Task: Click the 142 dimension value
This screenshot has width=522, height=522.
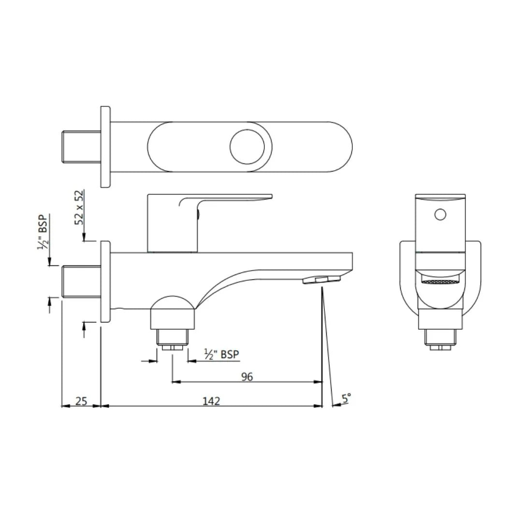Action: [211, 401]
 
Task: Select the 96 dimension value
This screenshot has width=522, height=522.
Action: [247, 377]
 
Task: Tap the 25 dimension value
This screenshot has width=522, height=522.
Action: [81, 401]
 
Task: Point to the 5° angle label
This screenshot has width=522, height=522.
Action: [347, 399]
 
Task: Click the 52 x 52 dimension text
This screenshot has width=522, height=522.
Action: [79, 207]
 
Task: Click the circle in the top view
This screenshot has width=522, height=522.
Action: [247, 146]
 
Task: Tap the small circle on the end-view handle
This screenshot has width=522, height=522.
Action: [440, 214]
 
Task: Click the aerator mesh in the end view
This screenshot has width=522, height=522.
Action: [440, 281]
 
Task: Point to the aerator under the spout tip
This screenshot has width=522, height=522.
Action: [321, 279]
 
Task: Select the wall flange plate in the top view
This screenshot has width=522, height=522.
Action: [105, 146]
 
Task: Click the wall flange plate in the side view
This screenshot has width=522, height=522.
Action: [105, 281]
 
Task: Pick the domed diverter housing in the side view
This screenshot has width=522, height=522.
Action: [173, 312]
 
